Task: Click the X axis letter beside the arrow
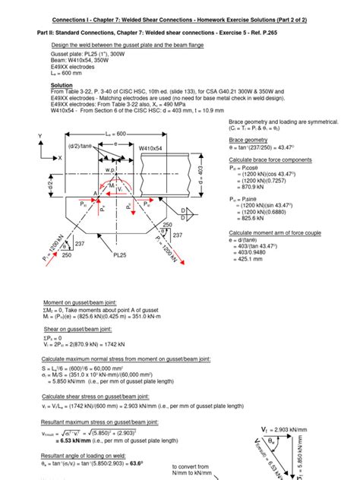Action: [x=60, y=158]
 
